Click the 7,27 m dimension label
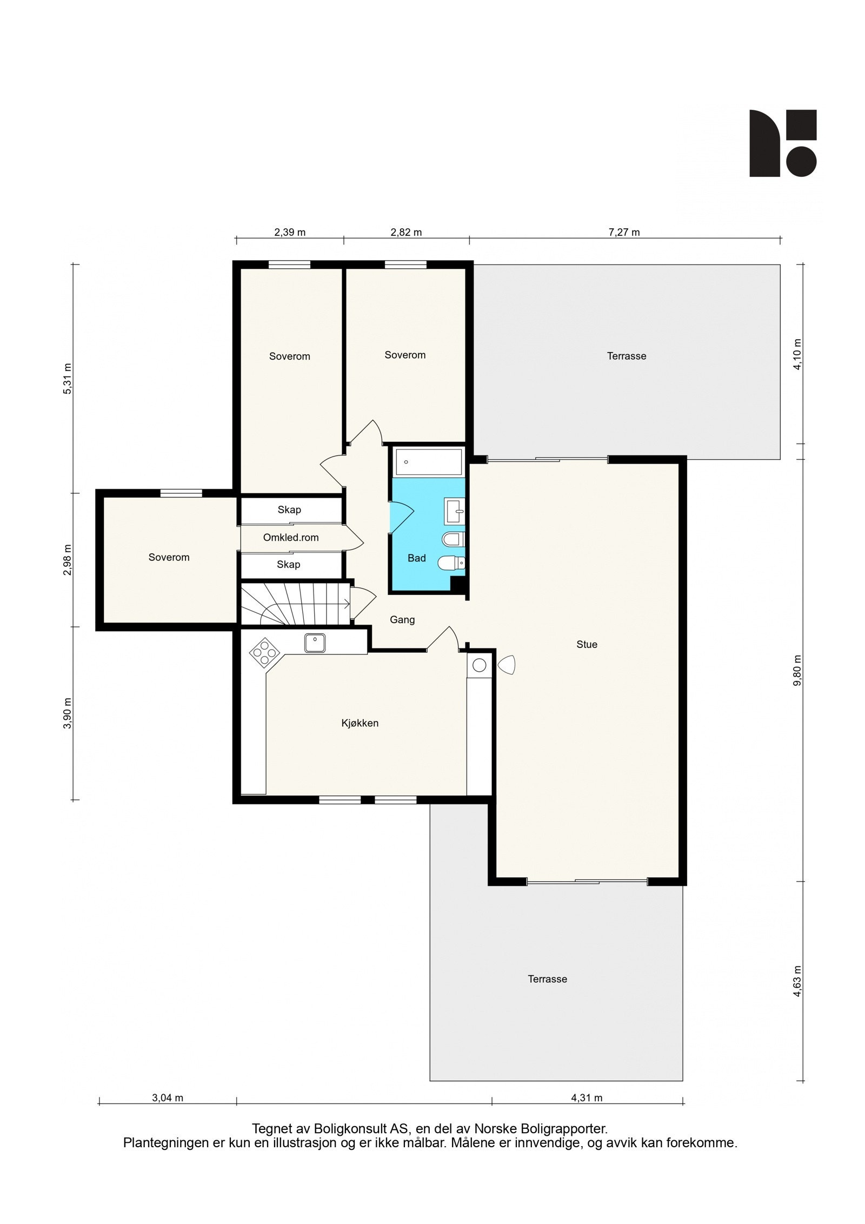624,233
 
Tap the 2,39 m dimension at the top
290,233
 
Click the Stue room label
587,644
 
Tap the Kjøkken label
360,723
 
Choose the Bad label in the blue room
417,558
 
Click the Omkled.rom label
291,537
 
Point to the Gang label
402,620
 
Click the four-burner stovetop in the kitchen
263,652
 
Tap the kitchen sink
315,643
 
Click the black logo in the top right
782,143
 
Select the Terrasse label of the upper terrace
627,356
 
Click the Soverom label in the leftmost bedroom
169,557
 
